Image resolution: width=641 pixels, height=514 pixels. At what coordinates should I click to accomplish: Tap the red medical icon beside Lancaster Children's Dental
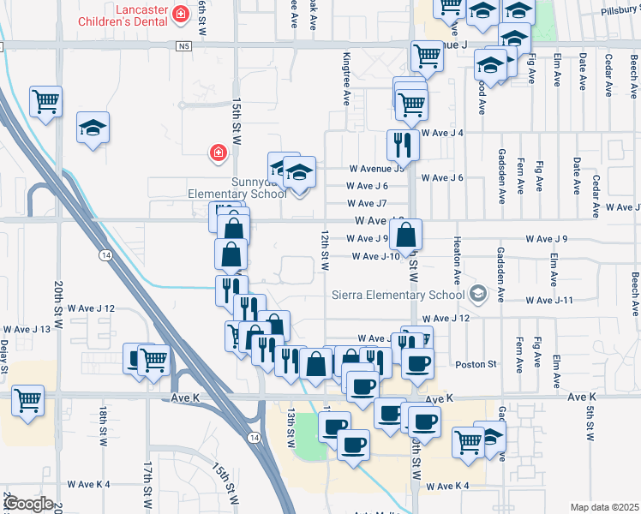(181, 14)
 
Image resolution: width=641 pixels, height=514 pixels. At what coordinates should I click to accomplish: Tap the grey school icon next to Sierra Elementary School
(478, 295)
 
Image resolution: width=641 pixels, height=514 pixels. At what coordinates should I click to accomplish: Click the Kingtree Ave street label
(347, 80)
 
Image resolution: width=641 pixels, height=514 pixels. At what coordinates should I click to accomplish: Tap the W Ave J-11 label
(548, 300)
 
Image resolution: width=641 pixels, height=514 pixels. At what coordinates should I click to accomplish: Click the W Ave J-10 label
(374, 256)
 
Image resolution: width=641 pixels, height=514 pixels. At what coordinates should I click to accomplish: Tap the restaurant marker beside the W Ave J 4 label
(402, 146)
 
